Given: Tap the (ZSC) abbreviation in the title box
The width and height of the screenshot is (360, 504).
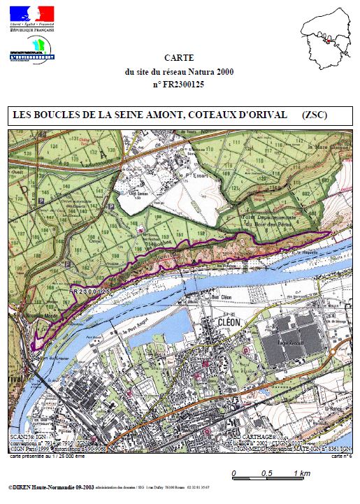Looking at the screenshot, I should [315, 114].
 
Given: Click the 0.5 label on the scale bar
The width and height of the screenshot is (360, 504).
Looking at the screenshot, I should [266, 474].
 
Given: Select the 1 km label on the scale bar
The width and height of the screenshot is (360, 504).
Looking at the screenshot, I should [302, 474].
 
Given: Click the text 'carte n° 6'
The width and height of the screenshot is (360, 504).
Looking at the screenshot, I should [341, 455].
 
